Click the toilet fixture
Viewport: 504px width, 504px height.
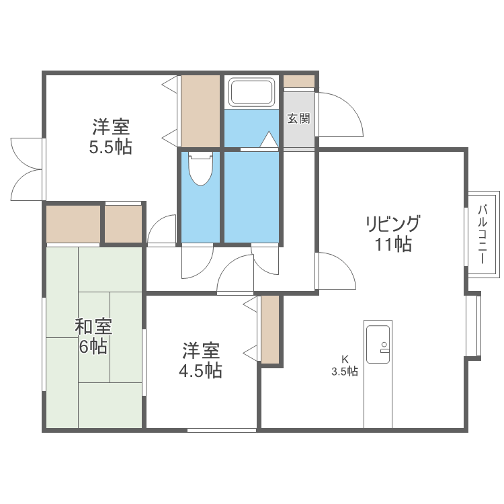tap(200, 169)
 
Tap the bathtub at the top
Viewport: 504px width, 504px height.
tap(252, 92)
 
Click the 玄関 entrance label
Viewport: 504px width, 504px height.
tap(298, 119)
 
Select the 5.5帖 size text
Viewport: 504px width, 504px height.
tap(111, 147)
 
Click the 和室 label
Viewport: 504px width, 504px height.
tap(93, 327)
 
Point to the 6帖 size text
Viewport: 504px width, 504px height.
tap(93, 347)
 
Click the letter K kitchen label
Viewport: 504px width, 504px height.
tap(345, 359)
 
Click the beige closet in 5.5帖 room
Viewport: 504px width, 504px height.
tap(201, 110)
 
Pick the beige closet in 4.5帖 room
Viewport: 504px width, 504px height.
tap(270, 329)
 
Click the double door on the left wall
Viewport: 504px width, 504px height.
tap(27, 169)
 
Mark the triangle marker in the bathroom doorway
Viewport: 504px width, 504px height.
tap(268, 140)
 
